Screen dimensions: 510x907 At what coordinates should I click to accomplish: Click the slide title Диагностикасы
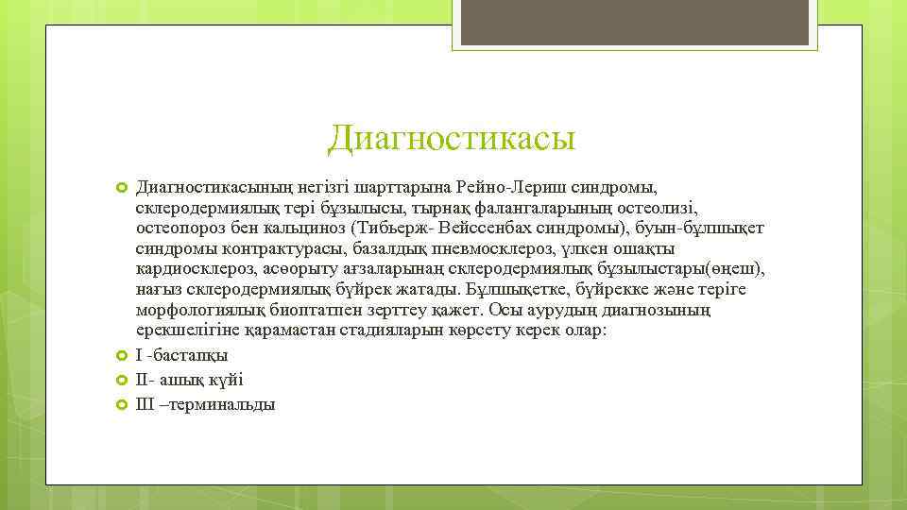tap(452, 140)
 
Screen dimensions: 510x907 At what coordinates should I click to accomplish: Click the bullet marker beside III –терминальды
tap(121, 404)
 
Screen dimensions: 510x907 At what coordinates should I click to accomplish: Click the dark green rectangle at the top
tap(661, 24)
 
